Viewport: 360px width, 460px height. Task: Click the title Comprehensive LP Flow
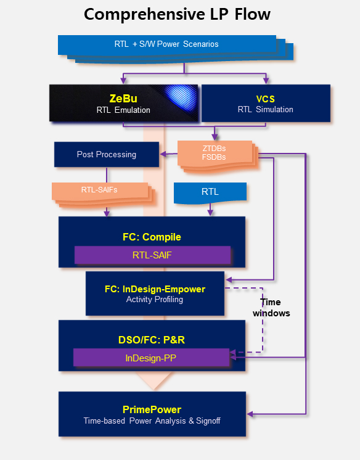[x=177, y=14]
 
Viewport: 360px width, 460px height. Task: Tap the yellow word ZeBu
[x=123, y=98]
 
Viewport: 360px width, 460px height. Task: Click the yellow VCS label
[x=266, y=99]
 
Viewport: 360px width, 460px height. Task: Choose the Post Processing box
[x=107, y=154]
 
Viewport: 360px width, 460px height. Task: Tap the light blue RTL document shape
[x=210, y=192]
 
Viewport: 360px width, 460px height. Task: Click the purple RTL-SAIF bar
[x=152, y=255]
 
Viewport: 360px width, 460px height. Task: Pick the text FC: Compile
[x=152, y=237]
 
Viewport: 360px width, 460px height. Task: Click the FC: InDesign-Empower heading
[x=155, y=289]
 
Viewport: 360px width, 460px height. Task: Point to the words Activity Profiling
[x=155, y=300]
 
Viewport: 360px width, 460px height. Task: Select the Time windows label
[x=271, y=308]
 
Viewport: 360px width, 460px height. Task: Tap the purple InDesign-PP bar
[x=151, y=358]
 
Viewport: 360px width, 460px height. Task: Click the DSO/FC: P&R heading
[x=152, y=340]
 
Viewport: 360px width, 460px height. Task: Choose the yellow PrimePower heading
[x=152, y=409]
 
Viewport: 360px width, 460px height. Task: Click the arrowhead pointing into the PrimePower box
[x=250, y=414]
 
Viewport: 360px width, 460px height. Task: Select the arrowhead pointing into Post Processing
[x=163, y=154]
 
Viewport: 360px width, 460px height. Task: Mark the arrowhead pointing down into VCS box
[x=266, y=80]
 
